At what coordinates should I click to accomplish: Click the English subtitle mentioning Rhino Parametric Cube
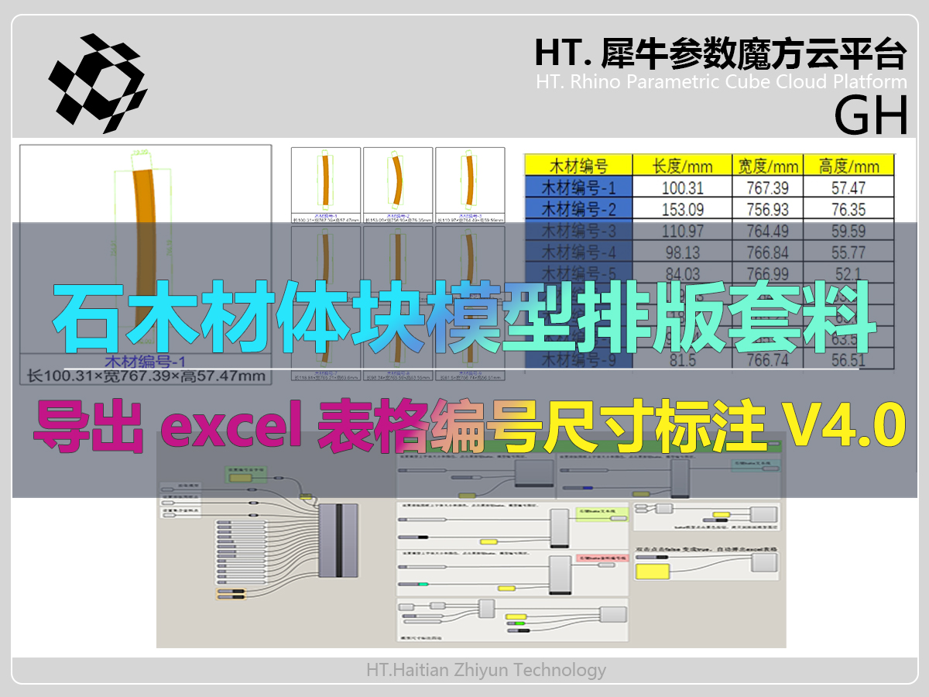[721, 82]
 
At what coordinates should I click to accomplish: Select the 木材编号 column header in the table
[578, 165]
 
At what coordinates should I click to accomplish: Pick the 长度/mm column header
[683, 165]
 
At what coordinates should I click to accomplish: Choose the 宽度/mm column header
[767, 165]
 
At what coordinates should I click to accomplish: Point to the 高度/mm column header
[849, 165]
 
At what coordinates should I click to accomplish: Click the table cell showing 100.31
[683, 187]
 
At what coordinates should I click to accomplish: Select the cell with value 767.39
[767, 187]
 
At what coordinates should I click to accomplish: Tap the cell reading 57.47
[849, 187]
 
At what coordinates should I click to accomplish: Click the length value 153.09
[683, 209]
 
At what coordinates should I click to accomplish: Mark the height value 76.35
[849, 209]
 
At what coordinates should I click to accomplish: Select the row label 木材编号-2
[578, 209]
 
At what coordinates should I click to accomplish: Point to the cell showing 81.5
[683, 360]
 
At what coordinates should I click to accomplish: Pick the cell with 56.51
[849, 360]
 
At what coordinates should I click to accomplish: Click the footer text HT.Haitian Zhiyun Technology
[486, 670]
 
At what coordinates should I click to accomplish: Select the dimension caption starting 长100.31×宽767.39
[147, 376]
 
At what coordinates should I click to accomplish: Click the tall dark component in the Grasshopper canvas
[338, 540]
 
